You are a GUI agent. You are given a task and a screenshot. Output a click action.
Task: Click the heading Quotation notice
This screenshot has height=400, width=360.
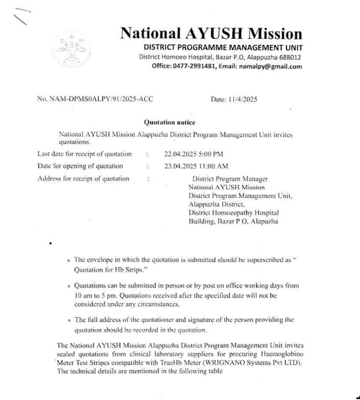(169, 122)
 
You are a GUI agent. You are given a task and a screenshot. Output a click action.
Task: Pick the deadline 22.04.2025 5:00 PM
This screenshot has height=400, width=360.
(193, 154)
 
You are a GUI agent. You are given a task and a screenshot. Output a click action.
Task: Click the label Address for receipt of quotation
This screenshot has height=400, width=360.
(83, 179)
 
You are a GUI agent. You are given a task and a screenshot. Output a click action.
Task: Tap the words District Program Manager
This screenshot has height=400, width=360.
(230, 179)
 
